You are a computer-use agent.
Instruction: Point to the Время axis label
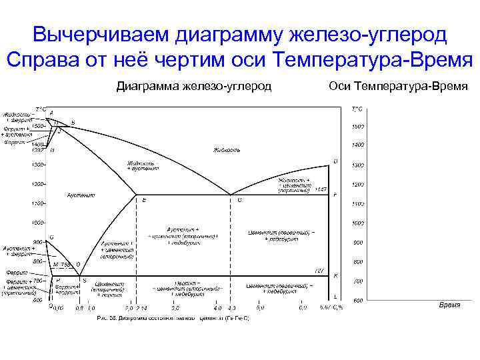tap(453, 305)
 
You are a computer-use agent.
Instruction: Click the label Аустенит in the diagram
tap(81, 195)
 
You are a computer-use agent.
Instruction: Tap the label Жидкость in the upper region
tap(227, 150)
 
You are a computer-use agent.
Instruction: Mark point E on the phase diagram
tap(144, 199)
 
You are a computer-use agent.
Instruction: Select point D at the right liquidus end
tap(335, 161)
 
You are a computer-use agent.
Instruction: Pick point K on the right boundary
tap(335, 276)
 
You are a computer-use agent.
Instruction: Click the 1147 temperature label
tap(321, 189)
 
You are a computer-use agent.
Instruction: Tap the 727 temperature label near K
tap(319, 271)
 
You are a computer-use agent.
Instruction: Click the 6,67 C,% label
tap(331, 309)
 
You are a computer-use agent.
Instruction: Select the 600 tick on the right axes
tap(358, 301)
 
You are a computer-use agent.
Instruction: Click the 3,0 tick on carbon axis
tap(175, 309)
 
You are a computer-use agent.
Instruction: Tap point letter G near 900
tap(52, 237)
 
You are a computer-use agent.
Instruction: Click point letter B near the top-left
tap(73, 122)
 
